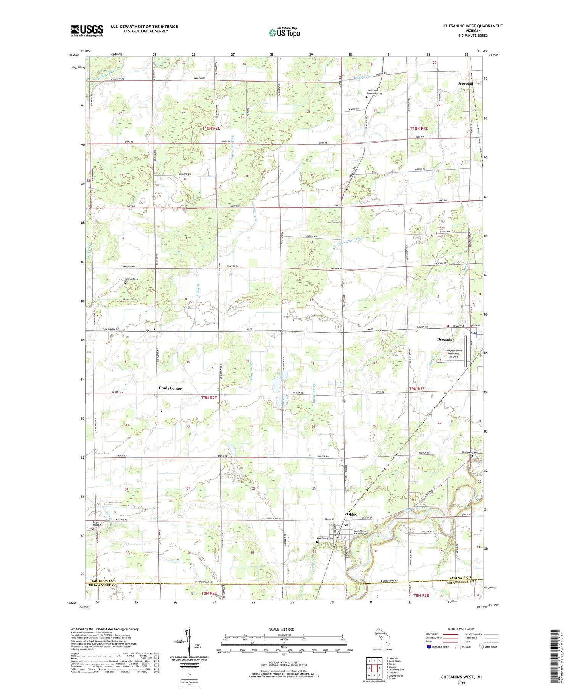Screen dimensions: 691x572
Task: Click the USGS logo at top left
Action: (x=87, y=30)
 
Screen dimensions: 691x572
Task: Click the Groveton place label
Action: (x=465, y=83)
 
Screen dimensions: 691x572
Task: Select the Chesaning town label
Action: (x=445, y=340)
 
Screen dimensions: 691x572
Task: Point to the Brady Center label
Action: (x=170, y=388)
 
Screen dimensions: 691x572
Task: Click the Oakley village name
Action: (x=351, y=514)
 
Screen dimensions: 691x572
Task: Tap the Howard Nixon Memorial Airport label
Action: (x=453, y=353)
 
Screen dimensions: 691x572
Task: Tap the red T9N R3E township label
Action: (x=417, y=389)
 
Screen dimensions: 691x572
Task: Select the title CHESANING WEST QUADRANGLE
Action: (x=472, y=26)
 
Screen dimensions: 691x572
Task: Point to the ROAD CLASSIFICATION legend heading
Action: (x=461, y=629)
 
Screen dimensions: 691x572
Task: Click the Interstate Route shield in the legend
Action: (x=428, y=646)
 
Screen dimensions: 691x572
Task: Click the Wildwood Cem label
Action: (x=469, y=452)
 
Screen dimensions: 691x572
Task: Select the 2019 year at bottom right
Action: (x=461, y=681)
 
